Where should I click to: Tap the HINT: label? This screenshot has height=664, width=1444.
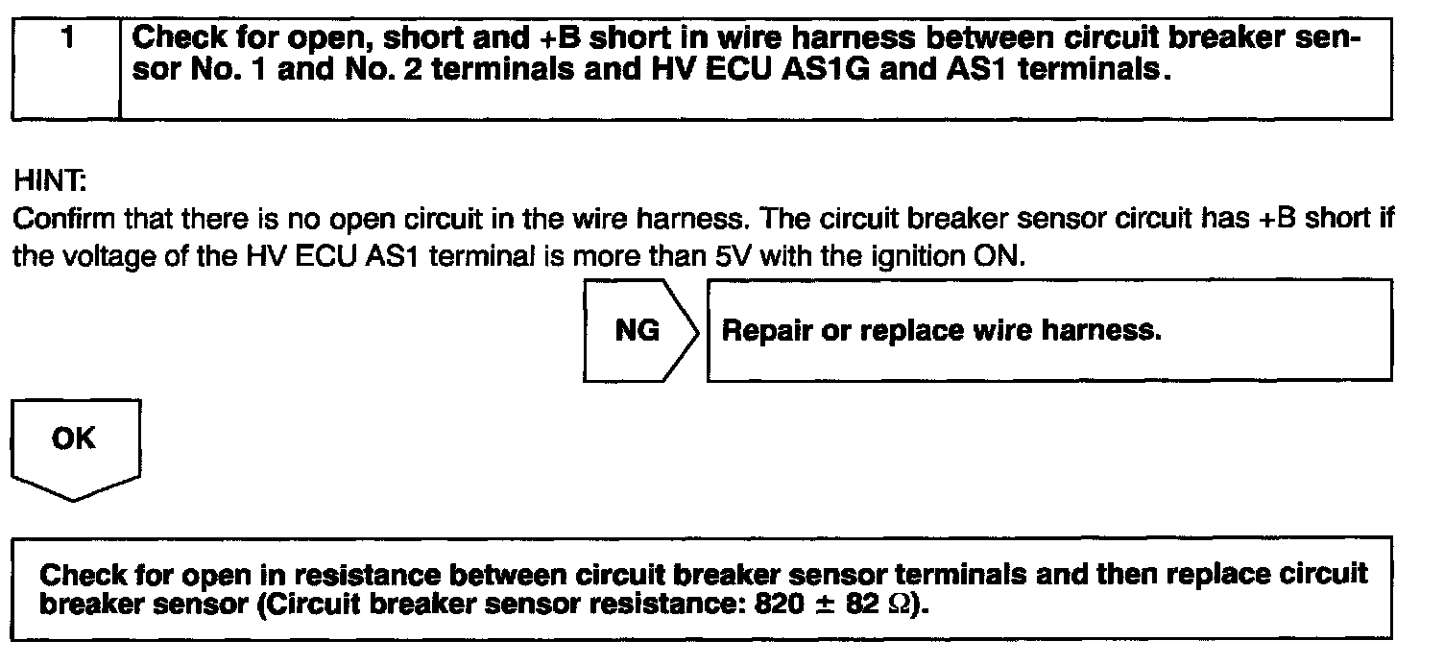[x=38, y=180]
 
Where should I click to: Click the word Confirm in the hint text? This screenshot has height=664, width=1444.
[x=51, y=220]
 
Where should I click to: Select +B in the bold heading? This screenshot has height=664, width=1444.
[x=549, y=39]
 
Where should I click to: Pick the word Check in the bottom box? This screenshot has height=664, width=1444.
[x=82, y=576]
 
